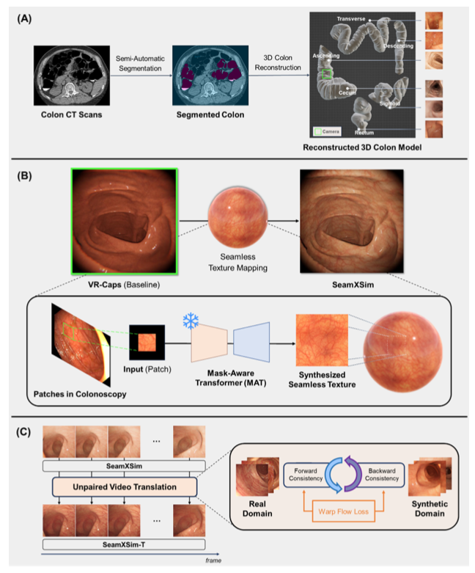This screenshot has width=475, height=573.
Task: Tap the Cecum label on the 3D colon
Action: tap(347, 92)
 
